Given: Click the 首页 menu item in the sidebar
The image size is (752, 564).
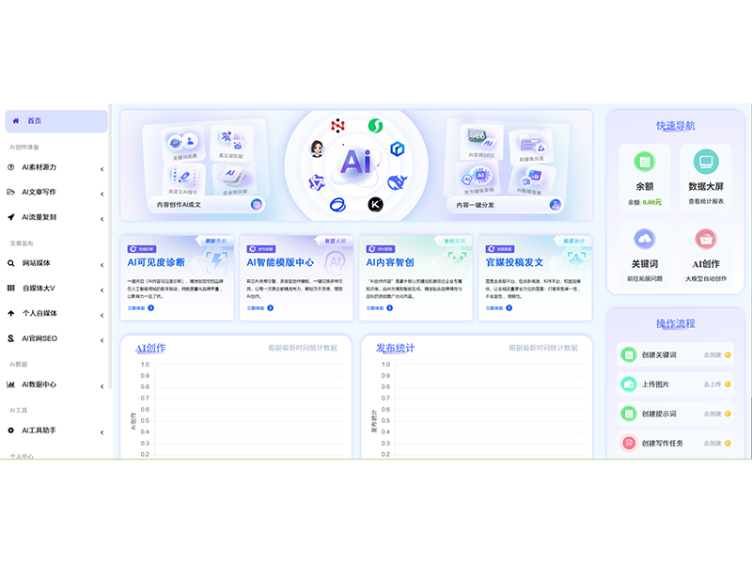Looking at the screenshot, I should tap(35, 121).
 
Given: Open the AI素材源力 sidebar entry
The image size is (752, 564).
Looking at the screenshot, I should tap(39, 168).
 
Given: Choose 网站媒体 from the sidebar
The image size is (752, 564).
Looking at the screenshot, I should tap(37, 263).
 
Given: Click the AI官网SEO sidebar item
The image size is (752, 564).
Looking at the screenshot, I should tap(39, 337).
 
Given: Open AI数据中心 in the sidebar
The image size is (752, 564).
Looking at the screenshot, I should tap(39, 384).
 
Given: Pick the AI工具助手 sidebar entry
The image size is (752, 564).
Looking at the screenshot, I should tap(39, 431).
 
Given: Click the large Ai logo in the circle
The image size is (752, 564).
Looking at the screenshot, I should tap(355, 162).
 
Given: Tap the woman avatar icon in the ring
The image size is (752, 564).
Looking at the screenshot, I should tap(317, 149).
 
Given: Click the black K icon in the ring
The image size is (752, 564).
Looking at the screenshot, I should tap(375, 204).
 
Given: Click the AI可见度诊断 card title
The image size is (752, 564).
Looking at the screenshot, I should tap(156, 262).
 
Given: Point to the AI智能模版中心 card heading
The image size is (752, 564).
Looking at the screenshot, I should tap(280, 262).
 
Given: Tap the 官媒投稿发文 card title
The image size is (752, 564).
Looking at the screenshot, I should tap(514, 262).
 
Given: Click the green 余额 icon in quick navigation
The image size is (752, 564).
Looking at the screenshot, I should tap(644, 161).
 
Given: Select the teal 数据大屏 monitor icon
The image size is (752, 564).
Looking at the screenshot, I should tap(706, 161).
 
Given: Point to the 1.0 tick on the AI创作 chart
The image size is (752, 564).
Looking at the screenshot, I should tap(145, 364).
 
